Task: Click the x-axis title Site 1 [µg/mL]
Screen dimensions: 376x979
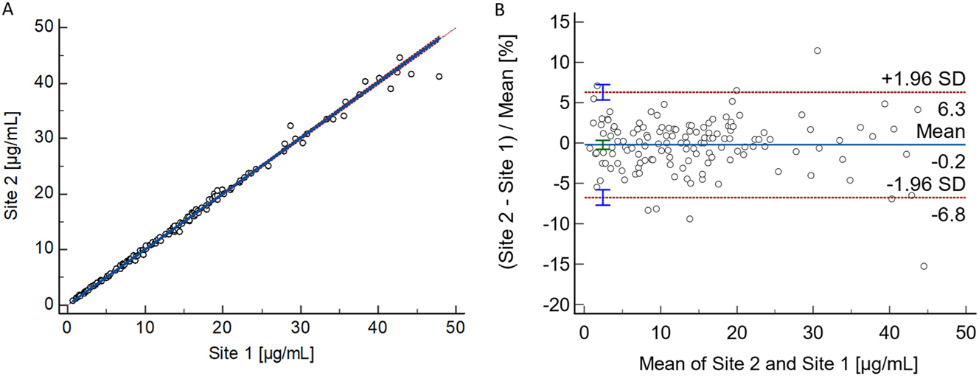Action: pos(261,353)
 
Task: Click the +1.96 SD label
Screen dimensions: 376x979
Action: pos(922,79)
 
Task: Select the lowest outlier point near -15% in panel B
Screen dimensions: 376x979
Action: pos(924,266)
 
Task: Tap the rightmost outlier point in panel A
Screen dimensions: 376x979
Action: pos(439,76)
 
